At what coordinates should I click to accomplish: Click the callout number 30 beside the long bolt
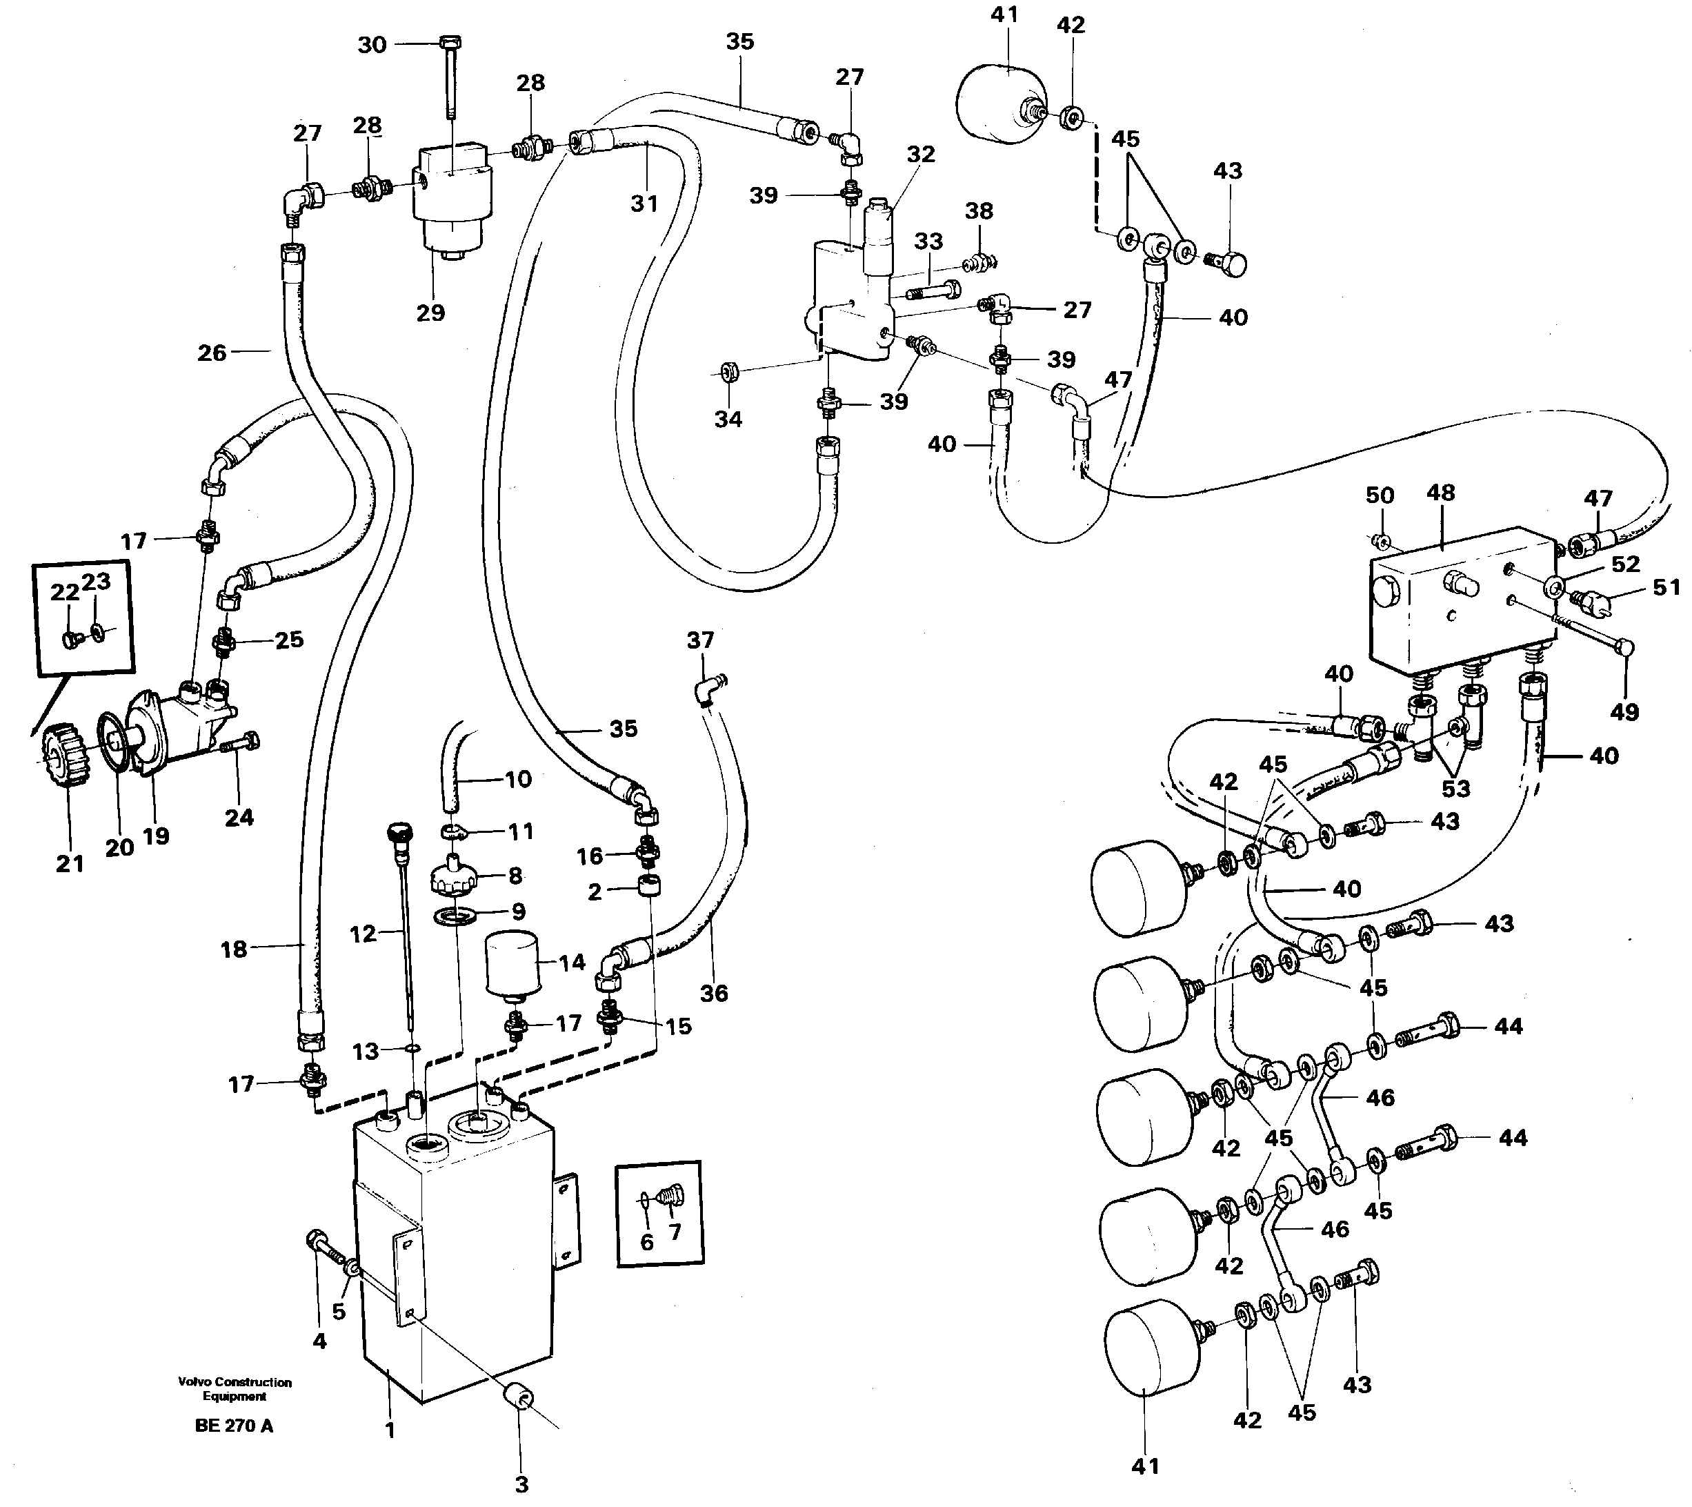(372, 45)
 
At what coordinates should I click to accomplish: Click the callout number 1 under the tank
(390, 1430)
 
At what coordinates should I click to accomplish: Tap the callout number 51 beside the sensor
(1666, 587)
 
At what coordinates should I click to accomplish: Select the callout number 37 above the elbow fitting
(700, 640)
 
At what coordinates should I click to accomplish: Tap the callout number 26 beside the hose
(212, 353)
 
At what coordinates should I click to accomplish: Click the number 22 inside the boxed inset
(65, 592)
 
